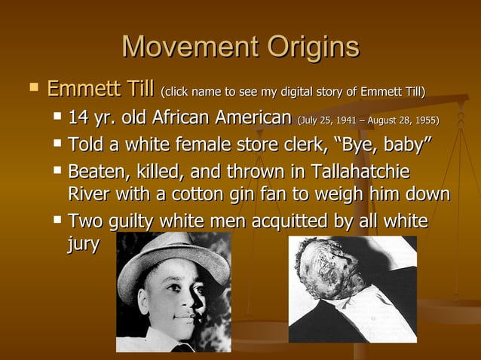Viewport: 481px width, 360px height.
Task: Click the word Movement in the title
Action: tap(180, 47)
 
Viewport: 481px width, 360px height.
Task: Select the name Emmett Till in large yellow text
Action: tap(100, 91)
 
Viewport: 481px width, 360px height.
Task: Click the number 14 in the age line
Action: tap(78, 118)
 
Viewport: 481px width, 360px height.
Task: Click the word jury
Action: tap(83, 246)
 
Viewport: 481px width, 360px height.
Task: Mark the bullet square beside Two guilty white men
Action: tap(58, 221)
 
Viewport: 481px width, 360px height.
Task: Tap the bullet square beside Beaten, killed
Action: tap(58, 169)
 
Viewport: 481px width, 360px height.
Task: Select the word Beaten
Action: tap(96, 170)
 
